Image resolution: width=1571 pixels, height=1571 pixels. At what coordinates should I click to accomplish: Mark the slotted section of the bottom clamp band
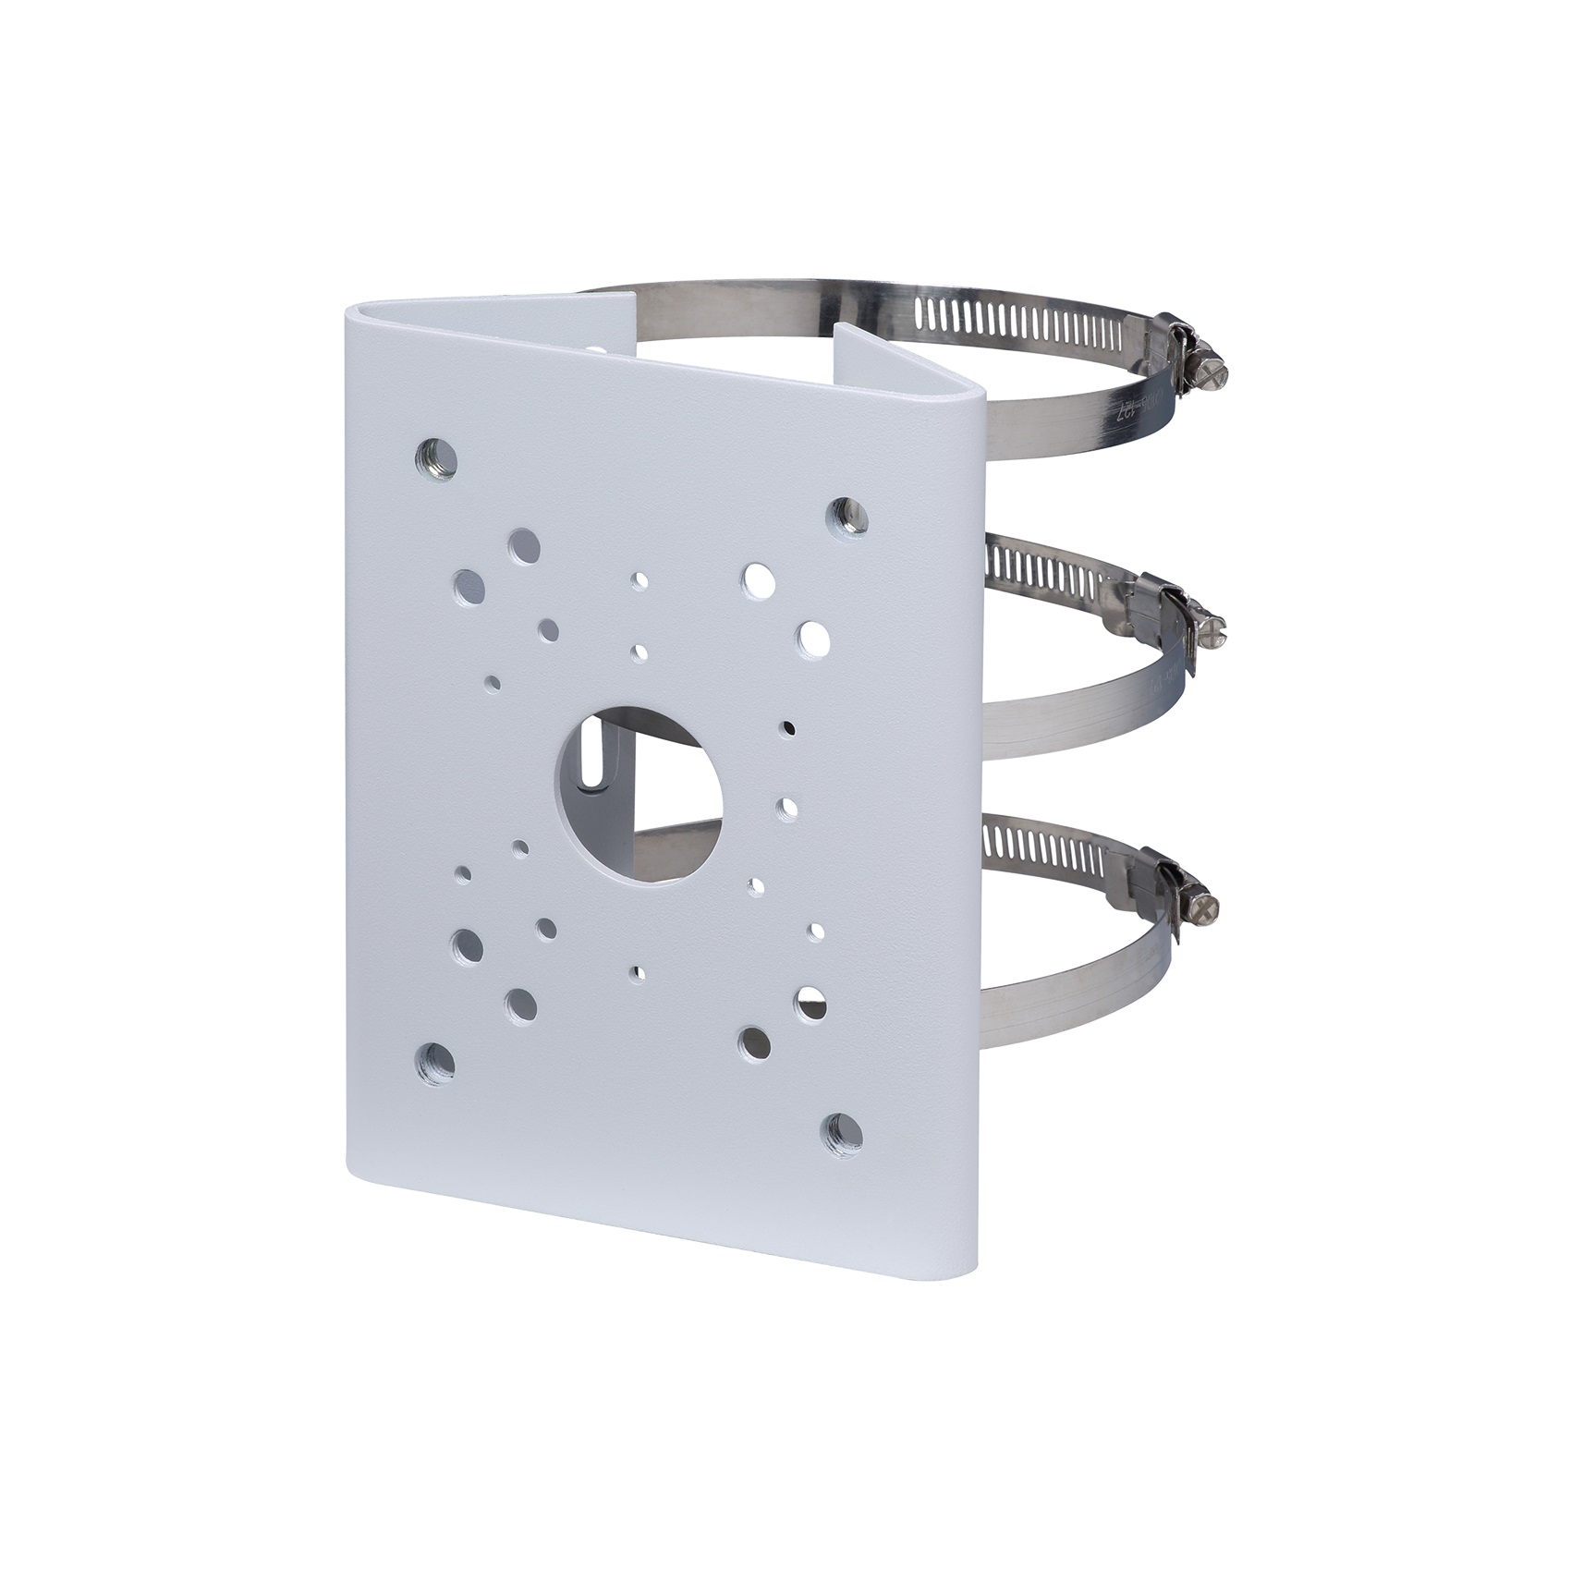(1044, 846)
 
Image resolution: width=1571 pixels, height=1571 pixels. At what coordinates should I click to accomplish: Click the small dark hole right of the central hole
(787, 727)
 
